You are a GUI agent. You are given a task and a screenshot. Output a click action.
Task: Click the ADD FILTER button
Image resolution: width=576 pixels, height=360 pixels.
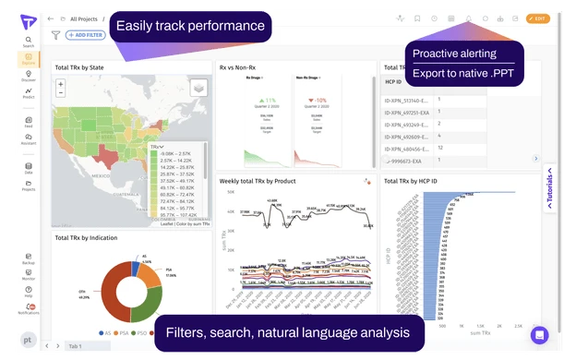pyautogui.click(x=84, y=35)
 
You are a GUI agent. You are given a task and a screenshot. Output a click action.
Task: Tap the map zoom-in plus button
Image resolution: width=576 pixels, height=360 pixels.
pyautogui.click(x=61, y=84)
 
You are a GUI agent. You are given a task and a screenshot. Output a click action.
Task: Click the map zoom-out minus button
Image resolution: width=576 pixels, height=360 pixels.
pyautogui.click(x=61, y=94)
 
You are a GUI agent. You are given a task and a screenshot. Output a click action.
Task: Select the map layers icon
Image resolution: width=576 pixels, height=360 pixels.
pyautogui.click(x=198, y=87)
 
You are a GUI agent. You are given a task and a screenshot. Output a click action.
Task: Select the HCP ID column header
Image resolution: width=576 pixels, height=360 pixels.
pyautogui.click(x=395, y=82)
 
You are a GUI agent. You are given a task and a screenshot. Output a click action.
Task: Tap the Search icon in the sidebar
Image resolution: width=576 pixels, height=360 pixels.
pyautogui.click(x=29, y=40)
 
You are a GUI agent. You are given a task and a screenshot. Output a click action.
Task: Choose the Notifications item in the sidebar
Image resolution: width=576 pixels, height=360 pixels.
pyautogui.click(x=29, y=309)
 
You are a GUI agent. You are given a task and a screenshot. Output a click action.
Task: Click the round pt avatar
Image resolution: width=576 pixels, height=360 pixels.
pyautogui.click(x=29, y=339)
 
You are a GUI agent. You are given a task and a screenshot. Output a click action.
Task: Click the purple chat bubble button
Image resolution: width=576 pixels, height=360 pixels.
pyautogui.click(x=539, y=334)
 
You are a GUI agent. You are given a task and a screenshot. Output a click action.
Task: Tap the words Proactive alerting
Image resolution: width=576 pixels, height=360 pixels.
pyautogui.click(x=454, y=54)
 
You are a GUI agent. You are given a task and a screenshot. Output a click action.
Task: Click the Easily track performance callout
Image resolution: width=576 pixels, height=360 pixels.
pyautogui.click(x=190, y=25)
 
